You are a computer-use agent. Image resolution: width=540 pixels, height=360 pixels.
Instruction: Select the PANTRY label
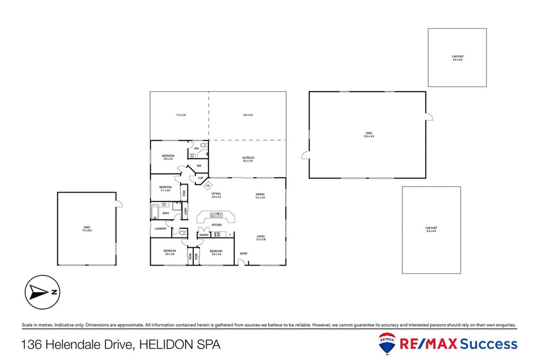click(204, 235)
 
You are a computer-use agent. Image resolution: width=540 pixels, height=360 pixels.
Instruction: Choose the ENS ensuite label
click(197, 148)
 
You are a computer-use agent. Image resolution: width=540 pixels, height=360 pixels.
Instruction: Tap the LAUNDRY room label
click(160, 229)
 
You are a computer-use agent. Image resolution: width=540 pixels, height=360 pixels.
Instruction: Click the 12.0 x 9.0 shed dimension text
click(369, 137)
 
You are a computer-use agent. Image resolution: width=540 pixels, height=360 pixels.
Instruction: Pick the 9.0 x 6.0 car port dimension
click(431, 231)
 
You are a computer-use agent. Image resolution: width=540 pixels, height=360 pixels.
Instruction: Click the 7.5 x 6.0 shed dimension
click(87, 230)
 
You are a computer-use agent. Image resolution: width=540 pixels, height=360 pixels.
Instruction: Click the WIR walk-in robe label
click(199, 166)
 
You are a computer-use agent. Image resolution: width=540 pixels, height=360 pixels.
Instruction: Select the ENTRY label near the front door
click(244, 254)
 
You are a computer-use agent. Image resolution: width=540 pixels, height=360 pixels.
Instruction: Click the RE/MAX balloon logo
click(387, 343)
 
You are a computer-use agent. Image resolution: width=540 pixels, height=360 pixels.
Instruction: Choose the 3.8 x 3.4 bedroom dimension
click(168, 159)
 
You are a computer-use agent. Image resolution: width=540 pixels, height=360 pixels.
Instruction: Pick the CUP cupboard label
click(200, 178)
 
